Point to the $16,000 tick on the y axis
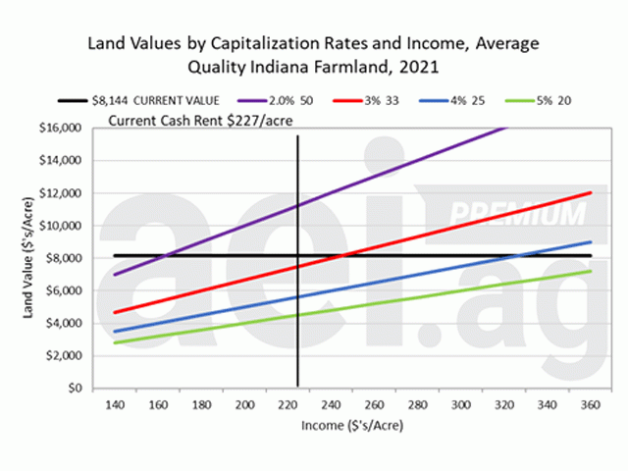pos(61,129)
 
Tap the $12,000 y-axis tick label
pos(61,193)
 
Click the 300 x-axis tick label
pos(457,405)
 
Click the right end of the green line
pos(590,272)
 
